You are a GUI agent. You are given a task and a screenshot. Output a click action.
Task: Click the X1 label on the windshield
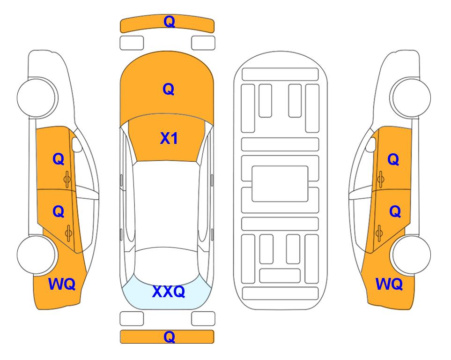pyautogui.click(x=169, y=139)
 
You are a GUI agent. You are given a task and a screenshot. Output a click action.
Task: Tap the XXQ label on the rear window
pyautogui.click(x=169, y=292)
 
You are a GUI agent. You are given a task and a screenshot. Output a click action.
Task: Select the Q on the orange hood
pyautogui.click(x=169, y=89)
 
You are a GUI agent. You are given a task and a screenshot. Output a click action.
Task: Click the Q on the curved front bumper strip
pyautogui.click(x=169, y=22)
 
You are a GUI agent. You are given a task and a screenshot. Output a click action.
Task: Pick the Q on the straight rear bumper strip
pyautogui.click(x=169, y=337)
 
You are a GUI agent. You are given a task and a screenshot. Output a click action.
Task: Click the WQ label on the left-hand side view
pyautogui.click(x=62, y=284)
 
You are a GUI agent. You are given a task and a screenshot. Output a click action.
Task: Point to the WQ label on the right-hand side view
pyautogui.click(x=389, y=284)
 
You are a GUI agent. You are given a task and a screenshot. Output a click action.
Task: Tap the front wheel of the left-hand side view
pyautogui.click(x=37, y=97)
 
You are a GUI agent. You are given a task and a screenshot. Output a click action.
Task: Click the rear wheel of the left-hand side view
pyautogui.click(x=37, y=255)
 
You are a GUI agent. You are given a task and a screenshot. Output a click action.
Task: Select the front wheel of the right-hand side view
pyautogui.click(x=411, y=97)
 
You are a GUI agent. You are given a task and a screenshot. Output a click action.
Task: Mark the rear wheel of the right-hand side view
pyautogui.click(x=411, y=255)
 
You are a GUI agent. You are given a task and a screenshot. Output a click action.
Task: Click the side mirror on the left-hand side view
pyautogui.click(x=76, y=144)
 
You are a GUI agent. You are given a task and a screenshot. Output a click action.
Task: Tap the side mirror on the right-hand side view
pyautogui.click(x=371, y=144)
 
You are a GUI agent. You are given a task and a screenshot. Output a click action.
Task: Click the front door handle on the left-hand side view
pyautogui.click(x=67, y=179)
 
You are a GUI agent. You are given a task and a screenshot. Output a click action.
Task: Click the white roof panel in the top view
pyautogui.click(x=166, y=206)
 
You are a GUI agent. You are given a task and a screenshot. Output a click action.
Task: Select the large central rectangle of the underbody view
pyautogui.click(x=280, y=184)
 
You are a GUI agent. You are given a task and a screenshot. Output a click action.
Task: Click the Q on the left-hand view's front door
pyautogui.click(x=59, y=159)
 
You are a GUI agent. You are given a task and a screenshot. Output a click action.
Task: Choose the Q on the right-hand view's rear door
pyautogui.click(x=395, y=212)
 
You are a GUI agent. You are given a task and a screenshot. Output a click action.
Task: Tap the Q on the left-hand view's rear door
pyautogui.click(x=59, y=212)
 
